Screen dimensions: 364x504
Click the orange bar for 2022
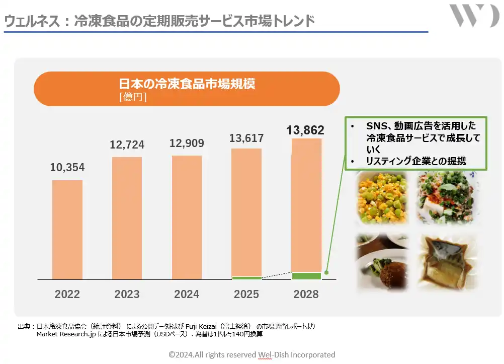tap(67, 230)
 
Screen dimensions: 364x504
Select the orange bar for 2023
tap(127, 218)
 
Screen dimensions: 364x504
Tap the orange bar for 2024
tap(187, 217)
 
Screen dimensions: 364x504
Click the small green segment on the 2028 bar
tap(306, 276)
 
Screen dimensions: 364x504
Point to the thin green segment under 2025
tap(246, 278)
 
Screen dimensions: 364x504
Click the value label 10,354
tap(67, 168)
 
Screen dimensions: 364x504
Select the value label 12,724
tap(127, 145)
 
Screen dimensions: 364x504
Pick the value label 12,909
tap(187, 143)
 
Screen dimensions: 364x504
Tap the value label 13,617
tap(246, 138)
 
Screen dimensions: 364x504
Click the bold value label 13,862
tap(305, 130)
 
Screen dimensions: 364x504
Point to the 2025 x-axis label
tap(246, 295)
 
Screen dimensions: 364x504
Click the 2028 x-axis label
tap(306, 295)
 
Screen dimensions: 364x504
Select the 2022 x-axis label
tap(67, 295)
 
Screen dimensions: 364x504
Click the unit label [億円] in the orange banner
tap(133, 97)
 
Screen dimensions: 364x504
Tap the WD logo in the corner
tap(473, 16)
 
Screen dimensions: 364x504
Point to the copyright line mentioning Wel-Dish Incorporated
tap(251, 355)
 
